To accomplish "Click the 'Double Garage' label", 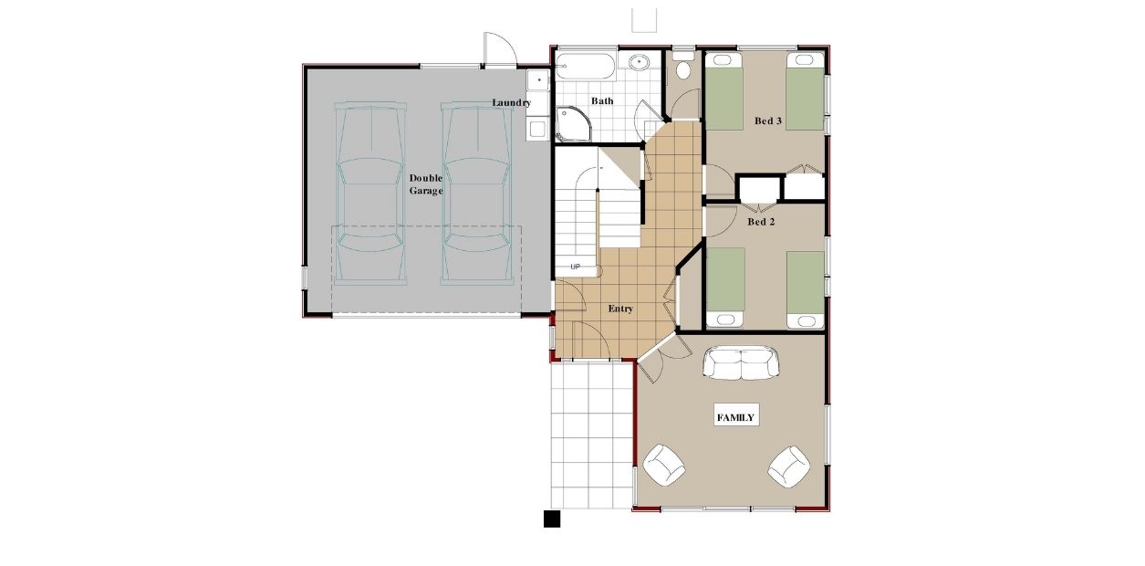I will pos(426,183).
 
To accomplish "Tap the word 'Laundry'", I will pos(511,102).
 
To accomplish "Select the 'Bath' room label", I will pos(601,101).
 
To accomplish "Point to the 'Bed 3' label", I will pos(767,121).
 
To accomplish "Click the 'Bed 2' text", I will pos(760,221).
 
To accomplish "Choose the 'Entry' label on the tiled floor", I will pos(620,309).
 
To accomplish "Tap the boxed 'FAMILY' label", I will pos(735,417).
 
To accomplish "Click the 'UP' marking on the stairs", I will pos(575,267).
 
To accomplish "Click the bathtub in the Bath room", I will pos(586,66).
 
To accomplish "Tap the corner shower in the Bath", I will pos(572,124).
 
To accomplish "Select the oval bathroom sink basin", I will pos(638,63).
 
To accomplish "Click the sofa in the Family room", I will pos(741,363).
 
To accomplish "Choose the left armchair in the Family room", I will pos(664,466).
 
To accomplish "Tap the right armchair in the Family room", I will pos(787,466).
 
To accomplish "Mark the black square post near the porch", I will pos(551,519).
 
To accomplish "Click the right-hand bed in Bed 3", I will pos(806,91).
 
